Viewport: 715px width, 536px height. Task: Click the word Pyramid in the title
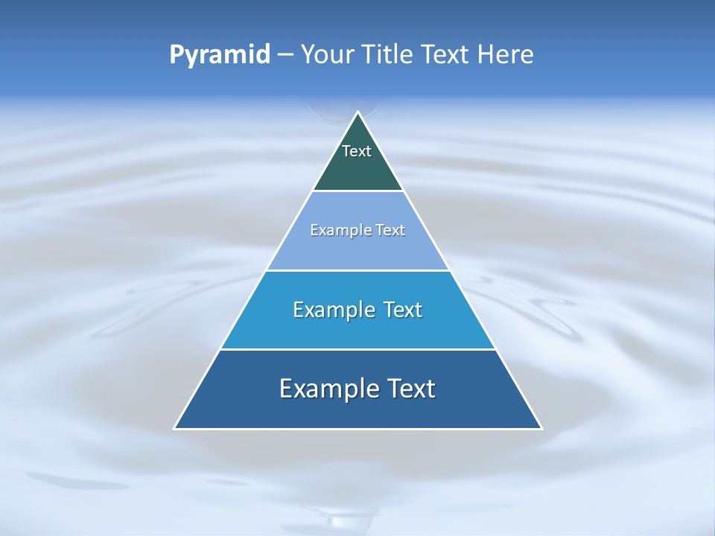point(219,54)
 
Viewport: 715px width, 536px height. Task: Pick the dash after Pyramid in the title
point(285,55)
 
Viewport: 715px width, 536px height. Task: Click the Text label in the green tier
point(357,151)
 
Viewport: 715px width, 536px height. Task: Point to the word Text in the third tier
point(403,310)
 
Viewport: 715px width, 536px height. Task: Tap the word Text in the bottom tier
point(410,389)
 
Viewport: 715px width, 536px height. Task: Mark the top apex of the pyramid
point(358,112)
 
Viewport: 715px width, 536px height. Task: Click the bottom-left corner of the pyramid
point(175,428)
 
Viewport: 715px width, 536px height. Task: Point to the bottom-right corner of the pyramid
point(541,428)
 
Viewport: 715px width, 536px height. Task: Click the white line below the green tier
point(358,191)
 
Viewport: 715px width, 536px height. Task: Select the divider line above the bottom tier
point(358,349)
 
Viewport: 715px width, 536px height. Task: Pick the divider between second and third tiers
point(358,270)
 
